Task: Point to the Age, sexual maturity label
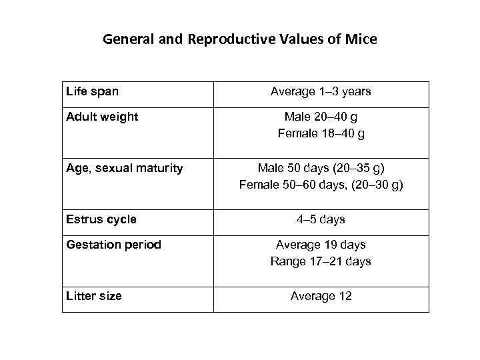click(x=124, y=168)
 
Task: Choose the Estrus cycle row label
click(x=101, y=219)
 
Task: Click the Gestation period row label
click(x=113, y=245)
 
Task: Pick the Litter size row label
click(x=94, y=295)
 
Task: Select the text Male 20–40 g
click(x=321, y=117)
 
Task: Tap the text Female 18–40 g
click(x=321, y=134)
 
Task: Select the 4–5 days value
click(x=321, y=219)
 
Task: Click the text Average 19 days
click(x=321, y=245)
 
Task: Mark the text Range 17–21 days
click(x=321, y=262)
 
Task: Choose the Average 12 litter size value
click(x=321, y=296)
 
